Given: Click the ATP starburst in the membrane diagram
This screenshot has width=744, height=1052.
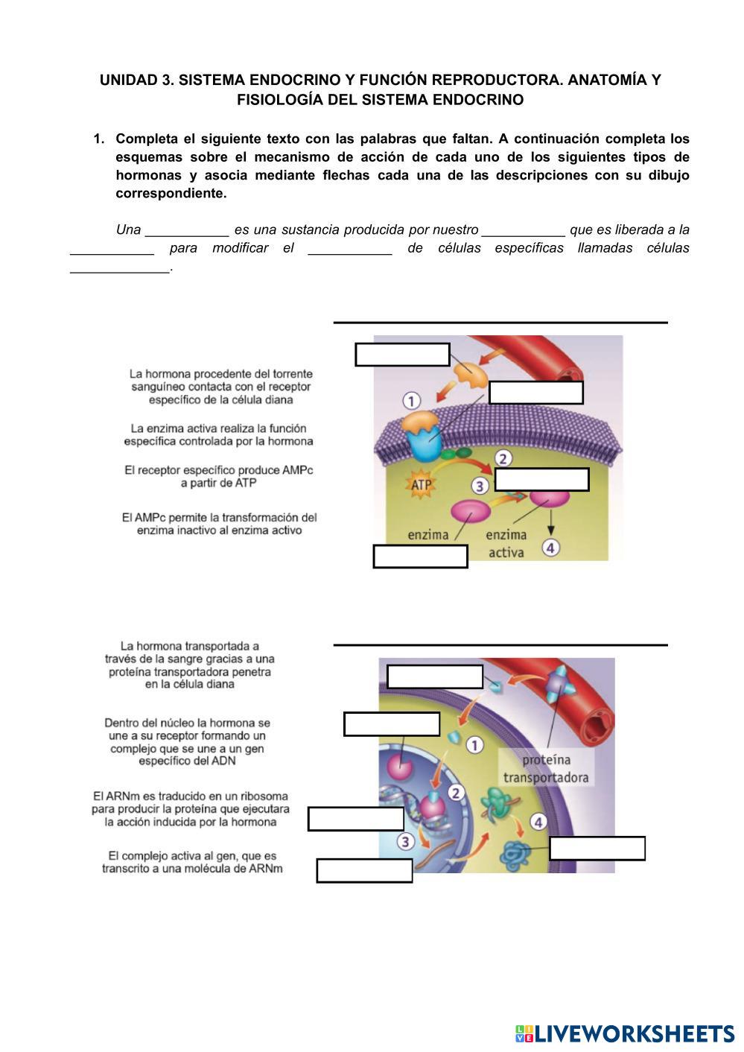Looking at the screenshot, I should [422, 485].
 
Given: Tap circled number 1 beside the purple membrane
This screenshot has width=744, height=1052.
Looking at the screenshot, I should [412, 401].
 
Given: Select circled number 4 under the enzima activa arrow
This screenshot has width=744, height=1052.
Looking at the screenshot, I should [550, 548].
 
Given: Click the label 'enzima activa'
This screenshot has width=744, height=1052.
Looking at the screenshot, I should [506, 543].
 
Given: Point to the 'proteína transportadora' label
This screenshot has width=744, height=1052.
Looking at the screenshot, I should [545, 768].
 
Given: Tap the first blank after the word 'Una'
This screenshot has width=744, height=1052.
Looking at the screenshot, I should [187, 229].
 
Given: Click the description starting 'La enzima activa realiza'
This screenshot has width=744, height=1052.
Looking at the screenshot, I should [218, 434].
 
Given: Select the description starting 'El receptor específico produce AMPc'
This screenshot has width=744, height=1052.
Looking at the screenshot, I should [218, 476].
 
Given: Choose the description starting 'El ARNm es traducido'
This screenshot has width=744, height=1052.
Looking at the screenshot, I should [191, 809].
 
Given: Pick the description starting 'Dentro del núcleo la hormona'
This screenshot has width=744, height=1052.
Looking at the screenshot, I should [188, 741].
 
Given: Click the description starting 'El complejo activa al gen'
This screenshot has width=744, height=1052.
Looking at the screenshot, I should [192, 862].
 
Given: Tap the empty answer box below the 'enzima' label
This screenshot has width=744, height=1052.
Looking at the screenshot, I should [420, 557].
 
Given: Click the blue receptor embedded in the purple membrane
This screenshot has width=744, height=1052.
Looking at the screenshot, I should [422, 449].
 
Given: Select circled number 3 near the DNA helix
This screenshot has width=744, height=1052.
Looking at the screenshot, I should [405, 842].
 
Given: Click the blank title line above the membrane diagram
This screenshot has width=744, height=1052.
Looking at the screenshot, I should [500, 321].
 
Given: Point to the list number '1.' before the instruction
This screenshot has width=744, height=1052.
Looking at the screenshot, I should [98, 139].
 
